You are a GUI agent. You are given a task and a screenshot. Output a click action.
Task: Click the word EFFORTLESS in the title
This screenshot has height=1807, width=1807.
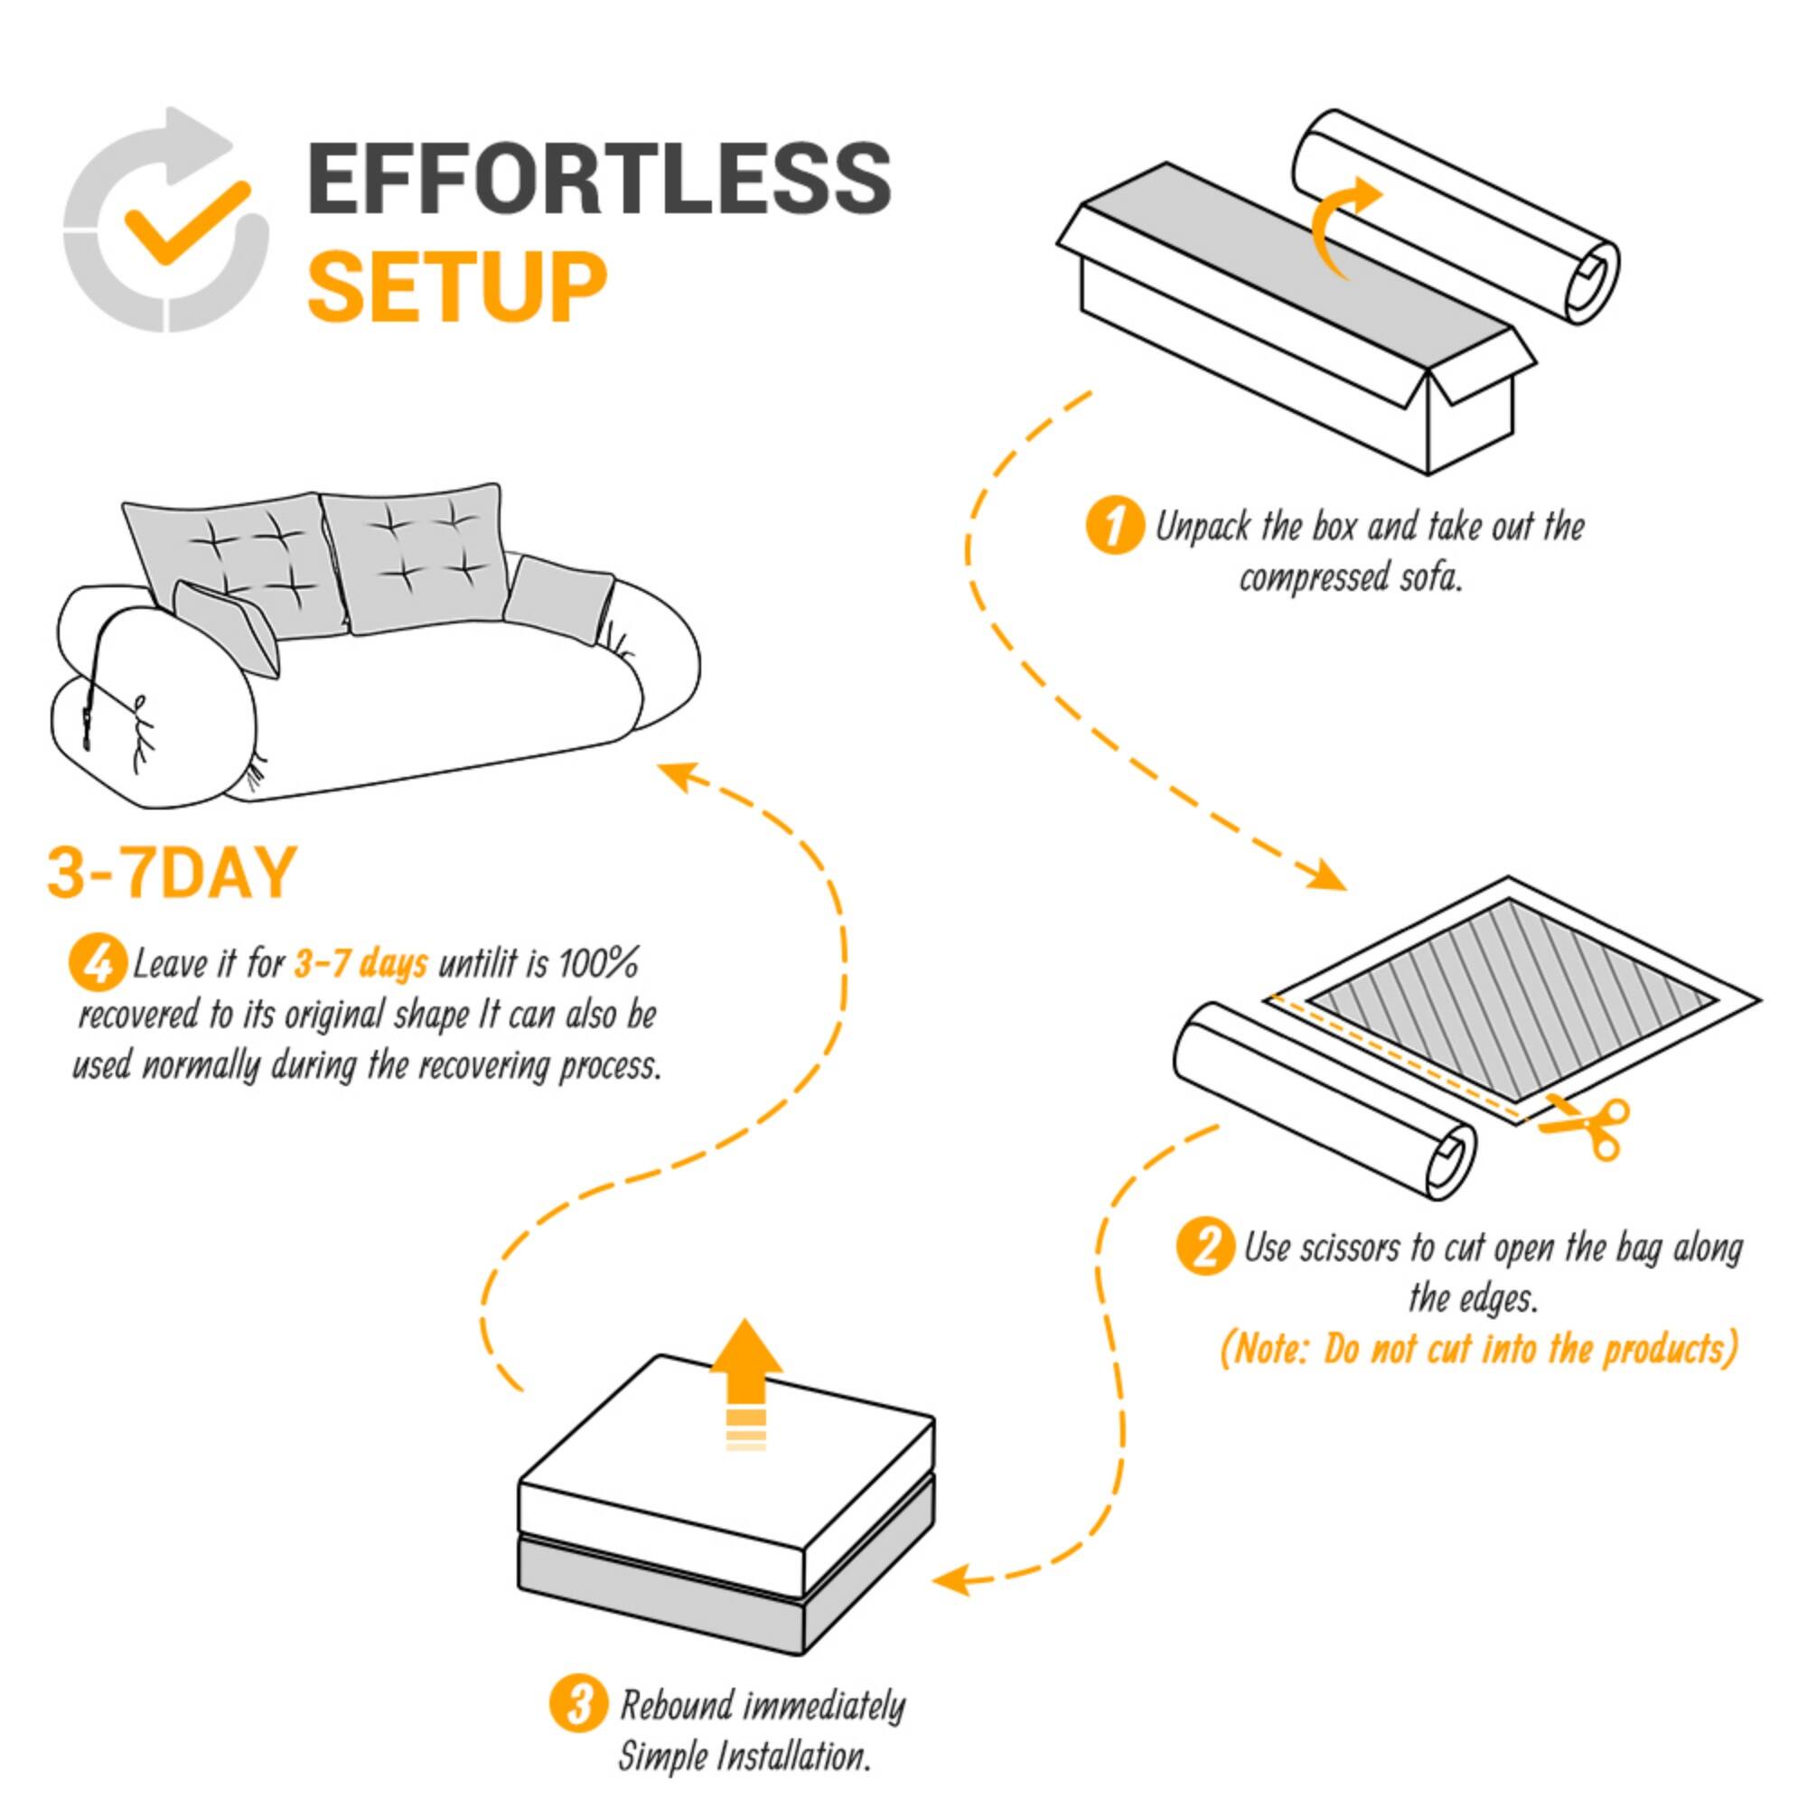click(x=599, y=178)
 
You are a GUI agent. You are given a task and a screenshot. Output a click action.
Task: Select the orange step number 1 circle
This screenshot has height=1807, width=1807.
click(x=1113, y=527)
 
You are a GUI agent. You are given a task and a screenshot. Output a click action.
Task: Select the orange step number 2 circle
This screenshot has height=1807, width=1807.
click(x=1204, y=1248)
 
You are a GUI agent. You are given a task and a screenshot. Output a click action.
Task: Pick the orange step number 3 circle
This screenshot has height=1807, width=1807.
click(x=577, y=1704)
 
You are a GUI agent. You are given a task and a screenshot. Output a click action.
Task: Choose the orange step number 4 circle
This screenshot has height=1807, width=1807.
click(x=98, y=962)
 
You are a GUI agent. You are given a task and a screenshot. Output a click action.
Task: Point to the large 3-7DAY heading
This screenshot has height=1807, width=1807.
click(x=171, y=873)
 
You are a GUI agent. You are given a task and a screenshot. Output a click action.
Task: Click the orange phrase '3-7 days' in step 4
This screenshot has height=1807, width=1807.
click(x=361, y=962)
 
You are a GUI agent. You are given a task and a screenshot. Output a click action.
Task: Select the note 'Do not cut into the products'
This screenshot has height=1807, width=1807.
click(x=1479, y=1350)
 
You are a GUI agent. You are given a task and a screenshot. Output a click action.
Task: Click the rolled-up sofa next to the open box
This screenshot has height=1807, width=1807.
click(x=1455, y=215)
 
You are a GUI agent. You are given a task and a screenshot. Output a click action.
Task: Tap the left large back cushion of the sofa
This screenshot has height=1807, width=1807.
click(x=239, y=561)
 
